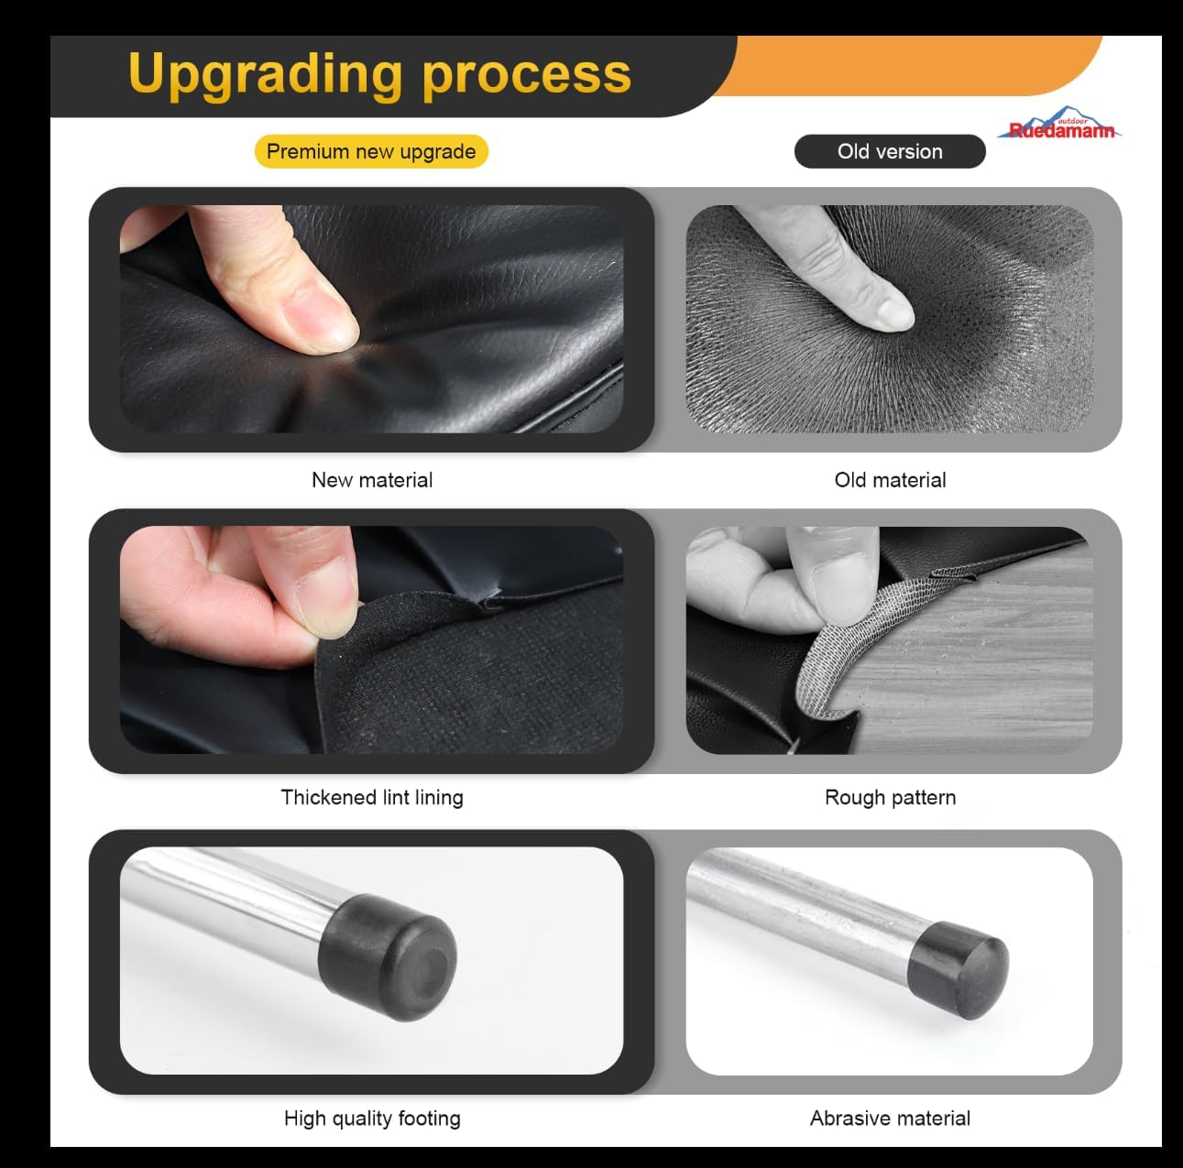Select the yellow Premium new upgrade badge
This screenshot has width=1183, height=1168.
coord(371,151)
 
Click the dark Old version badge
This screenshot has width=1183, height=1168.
coord(890,151)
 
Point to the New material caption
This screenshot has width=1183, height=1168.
coord(372,480)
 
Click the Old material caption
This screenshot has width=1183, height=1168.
coord(890,480)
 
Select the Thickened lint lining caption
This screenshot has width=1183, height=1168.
coord(372,797)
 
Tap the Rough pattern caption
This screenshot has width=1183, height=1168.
coord(890,797)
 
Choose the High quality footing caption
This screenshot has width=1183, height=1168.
coord(372,1119)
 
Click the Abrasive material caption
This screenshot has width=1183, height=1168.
coord(890,1119)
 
